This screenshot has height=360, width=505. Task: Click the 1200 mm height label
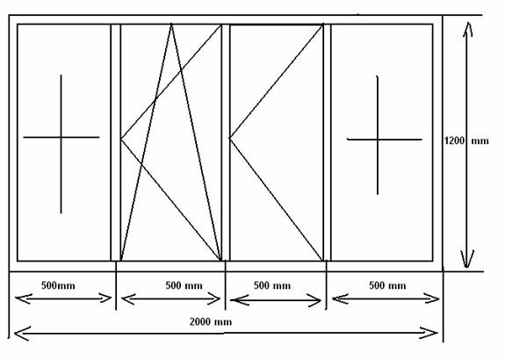pyautogui.click(x=466, y=140)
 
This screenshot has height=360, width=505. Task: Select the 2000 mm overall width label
pyautogui.click(x=211, y=321)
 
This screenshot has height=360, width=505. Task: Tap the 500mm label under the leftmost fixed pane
pyautogui.click(x=58, y=285)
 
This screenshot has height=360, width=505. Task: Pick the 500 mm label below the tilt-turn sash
pyautogui.click(x=184, y=285)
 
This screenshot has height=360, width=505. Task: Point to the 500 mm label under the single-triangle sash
pyautogui.click(x=272, y=285)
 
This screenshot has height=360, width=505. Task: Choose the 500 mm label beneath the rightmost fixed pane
pyautogui.click(x=387, y=285)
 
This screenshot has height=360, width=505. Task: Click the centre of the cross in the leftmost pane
pyautogui.click(x=61, y=138)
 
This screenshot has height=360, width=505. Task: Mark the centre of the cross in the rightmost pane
pyautogui.click(x=378, y=140)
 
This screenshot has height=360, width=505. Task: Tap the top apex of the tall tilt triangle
pyautogui.click(x=171, y=24)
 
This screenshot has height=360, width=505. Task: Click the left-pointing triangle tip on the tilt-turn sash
pyautogui.click(x=121, y=139)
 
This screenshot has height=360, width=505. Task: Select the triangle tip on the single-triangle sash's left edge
pyautogui.click(x=230, y=138)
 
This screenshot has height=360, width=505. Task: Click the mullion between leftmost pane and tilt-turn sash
pyautogui.click(x=116, y=142)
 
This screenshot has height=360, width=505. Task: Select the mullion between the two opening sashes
pyautogui.click(x=226, y=142)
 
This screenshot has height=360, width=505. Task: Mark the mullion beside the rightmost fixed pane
pyautogui.click(x=327, y=142)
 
